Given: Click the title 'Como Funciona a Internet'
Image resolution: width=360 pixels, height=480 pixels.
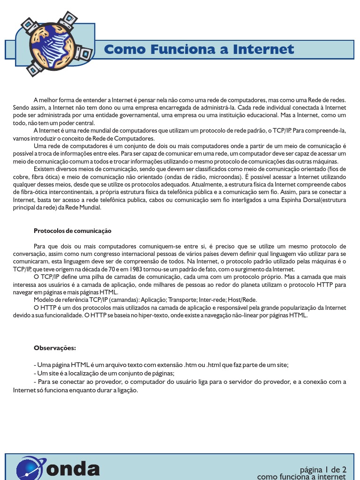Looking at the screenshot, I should pos(199,49).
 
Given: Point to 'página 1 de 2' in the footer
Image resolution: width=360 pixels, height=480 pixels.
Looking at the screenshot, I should pos(323,469).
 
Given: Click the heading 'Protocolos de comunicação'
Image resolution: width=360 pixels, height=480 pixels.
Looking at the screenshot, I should pos(72,231).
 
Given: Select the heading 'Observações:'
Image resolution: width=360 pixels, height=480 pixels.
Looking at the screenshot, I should pos(54,348).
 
